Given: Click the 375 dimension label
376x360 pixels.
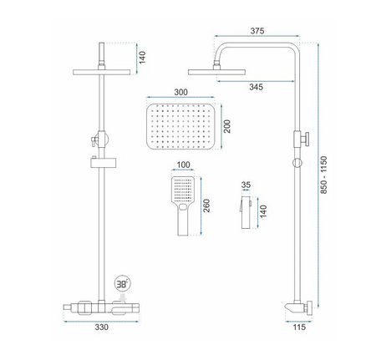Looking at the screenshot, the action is tap(257, 31).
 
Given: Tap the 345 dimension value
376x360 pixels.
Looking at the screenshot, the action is tap(256, 87).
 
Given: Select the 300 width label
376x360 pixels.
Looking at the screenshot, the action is tap(180, 92).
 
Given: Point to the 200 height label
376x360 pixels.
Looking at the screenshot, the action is tap(227, 126).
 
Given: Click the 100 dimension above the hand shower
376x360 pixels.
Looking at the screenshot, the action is tap(183, 165).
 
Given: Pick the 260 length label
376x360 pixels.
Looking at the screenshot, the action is tap(206, 205).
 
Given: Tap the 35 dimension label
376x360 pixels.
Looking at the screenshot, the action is tap(246, 185).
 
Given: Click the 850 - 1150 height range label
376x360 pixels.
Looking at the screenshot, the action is tap(323, 175).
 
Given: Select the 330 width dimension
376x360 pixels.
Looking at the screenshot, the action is tap(101, 327).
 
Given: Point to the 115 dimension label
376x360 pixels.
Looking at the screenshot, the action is tap(299, 327).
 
